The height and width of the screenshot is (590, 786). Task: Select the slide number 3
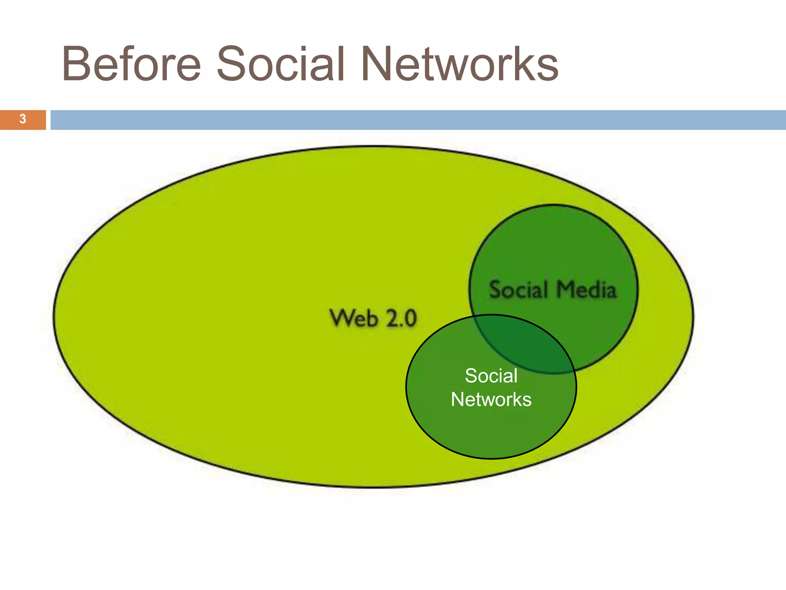coord(23,119)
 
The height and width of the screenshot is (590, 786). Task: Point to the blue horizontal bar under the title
coord(418,120)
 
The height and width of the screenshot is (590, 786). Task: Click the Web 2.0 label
coord(373,318)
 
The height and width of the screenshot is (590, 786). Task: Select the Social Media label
coord(553,289)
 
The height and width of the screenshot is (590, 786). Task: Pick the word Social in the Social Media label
coord(518,289)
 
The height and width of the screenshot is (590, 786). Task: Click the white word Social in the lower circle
coord(491,376)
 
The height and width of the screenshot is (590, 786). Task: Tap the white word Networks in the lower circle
coord(491,399)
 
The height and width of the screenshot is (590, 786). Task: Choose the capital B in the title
coord(76,64)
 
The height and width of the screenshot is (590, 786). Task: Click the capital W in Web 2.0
coord(341,318)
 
